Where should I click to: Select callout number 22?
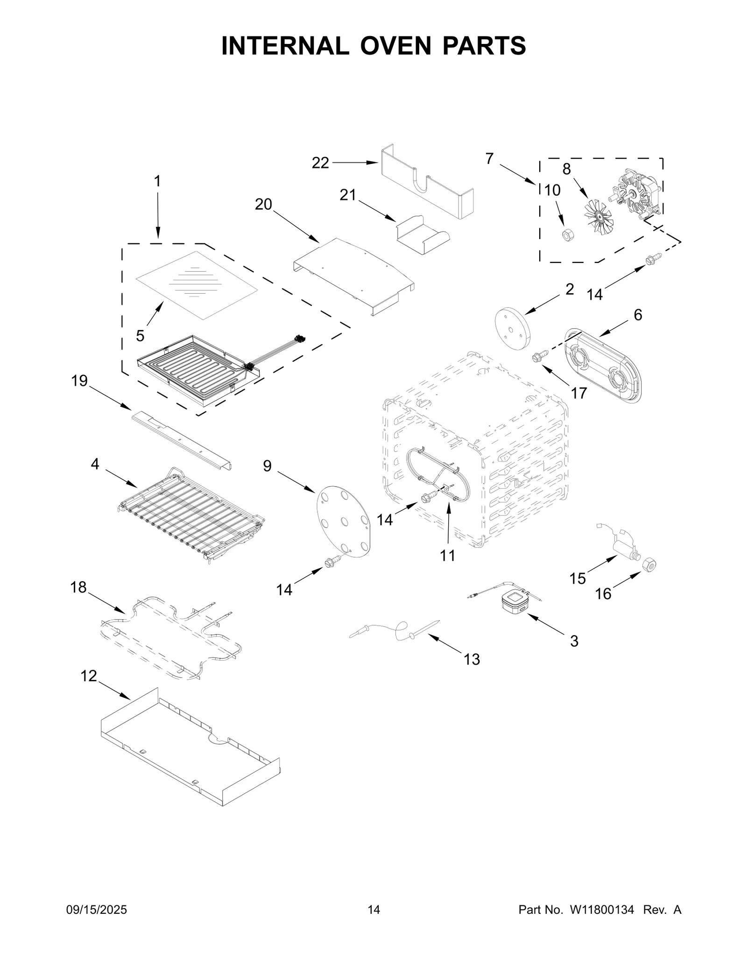point(320,163)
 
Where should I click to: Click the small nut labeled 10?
point(568,235)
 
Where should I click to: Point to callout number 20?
point(263,205)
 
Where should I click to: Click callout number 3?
point(574,641)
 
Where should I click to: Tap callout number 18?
point(78,587)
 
